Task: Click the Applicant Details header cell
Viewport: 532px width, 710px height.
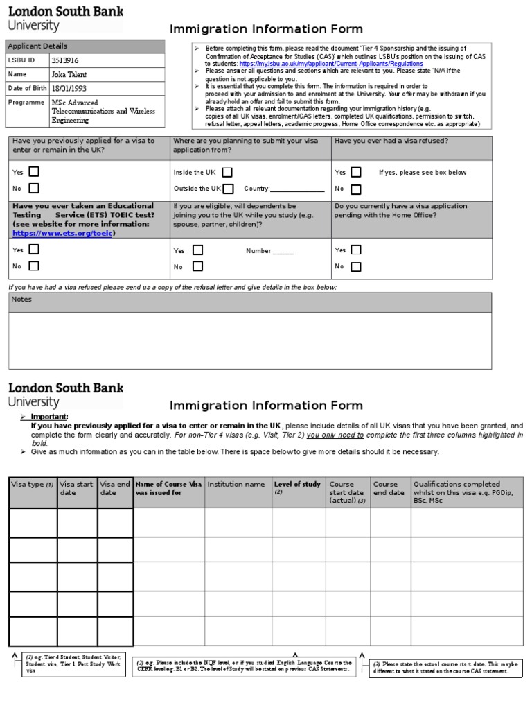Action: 38,46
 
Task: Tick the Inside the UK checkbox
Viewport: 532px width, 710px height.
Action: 227,172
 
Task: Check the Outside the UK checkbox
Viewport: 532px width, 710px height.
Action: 229,189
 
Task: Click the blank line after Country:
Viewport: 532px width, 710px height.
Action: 297,189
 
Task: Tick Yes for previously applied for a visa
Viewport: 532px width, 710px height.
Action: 34,171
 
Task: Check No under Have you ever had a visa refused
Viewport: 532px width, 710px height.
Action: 356,189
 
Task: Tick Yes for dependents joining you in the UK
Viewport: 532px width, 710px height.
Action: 198,250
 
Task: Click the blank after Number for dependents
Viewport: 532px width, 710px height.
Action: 283,252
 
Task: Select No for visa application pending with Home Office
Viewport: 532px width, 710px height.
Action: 356,267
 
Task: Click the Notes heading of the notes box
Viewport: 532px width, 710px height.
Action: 22,300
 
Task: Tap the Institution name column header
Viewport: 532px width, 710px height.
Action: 236,485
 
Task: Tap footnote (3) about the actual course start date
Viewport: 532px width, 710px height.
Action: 445,668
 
